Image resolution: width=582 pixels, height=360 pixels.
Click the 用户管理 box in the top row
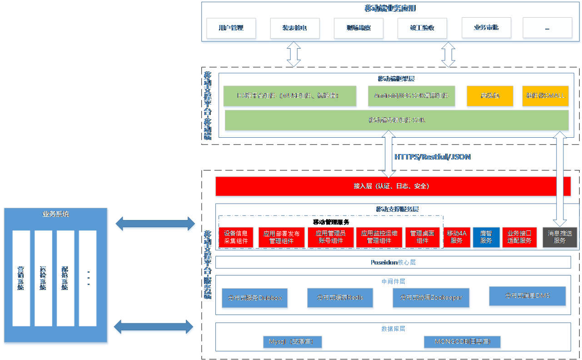(x=231, y=28)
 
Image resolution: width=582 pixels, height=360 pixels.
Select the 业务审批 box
(x=486, y=28)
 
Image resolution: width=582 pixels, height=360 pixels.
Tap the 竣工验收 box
(x=422, y=28)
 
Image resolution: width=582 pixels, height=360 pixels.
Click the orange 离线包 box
(x=490, y=96)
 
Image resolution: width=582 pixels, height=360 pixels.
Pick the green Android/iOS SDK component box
(x=411, y=96)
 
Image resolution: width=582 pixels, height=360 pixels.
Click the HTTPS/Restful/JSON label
(x=433, y=157)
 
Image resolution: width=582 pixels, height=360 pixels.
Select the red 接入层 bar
(x=393, y=186)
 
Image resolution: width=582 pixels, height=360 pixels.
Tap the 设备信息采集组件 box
(x=236, y=237)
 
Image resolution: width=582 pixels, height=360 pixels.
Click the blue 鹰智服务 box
(x=486, y=237)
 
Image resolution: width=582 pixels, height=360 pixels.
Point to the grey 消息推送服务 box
(x=560, y=237)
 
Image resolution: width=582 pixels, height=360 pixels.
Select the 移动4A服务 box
(x=457, y=237)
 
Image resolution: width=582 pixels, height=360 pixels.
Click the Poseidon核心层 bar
(x=393, y=262)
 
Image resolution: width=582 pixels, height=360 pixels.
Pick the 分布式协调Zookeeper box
(x=431, y=298)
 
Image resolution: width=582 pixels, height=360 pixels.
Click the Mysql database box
(x=292, y=342)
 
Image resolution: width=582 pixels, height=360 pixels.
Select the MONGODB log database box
(x=462, y=342)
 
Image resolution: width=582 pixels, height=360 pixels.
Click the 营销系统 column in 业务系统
(x=21, y=278)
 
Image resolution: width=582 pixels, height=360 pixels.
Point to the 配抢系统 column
(x=65, y=278)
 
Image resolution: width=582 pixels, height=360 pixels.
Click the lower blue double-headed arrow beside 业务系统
(x=154, y=327)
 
